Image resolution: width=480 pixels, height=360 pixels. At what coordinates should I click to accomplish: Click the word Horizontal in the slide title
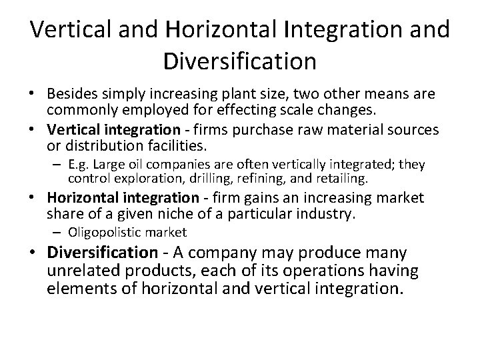(224, 30)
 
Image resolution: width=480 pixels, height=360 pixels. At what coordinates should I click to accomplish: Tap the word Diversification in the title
(239, 61)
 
